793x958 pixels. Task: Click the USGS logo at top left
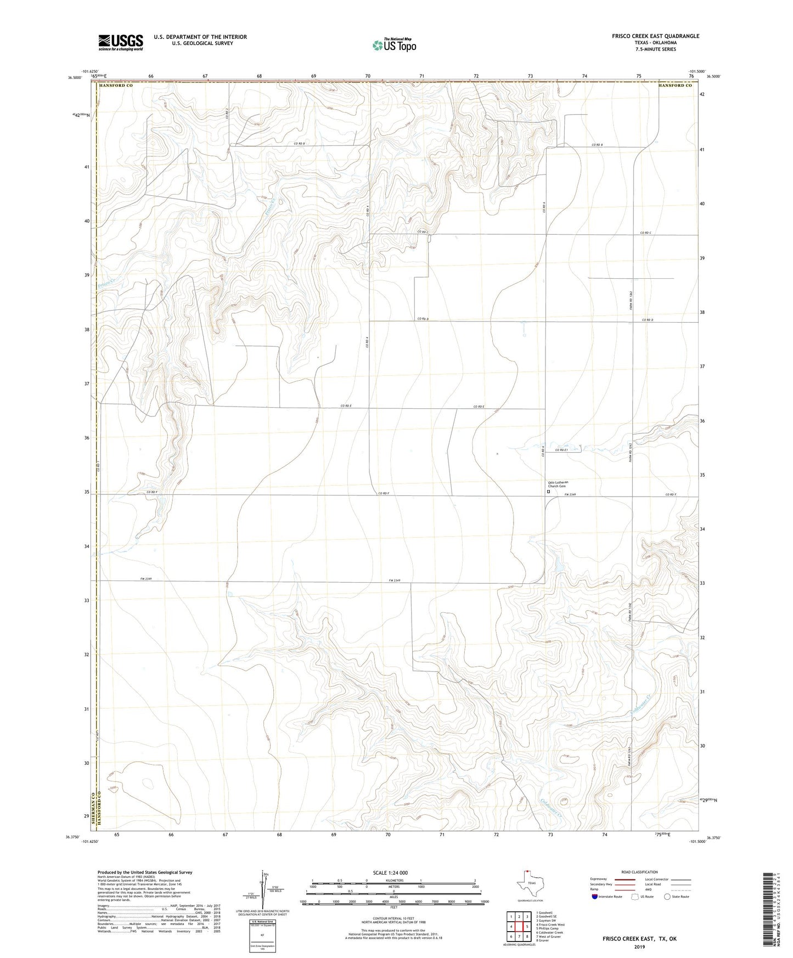click(x=121, y=42)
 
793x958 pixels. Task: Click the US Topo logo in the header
click(x=393, y=46)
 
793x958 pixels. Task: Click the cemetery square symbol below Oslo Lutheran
click(x=548, y=492)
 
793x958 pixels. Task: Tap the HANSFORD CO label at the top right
click(x=675, y=86)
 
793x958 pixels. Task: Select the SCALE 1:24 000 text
click(x=394, y=873)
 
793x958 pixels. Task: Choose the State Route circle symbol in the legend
click(x=667, y=897)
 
